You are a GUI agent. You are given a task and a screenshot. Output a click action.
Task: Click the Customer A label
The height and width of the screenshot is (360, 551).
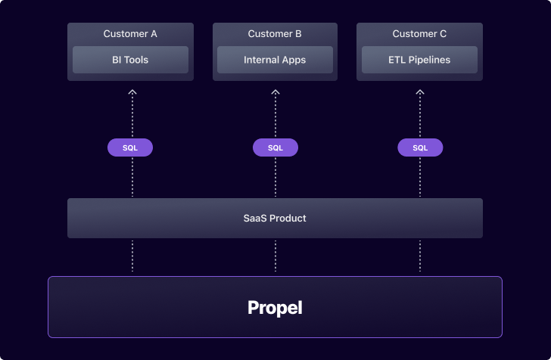click(130, 34)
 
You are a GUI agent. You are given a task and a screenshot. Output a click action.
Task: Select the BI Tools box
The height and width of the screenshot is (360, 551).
click(130, 60)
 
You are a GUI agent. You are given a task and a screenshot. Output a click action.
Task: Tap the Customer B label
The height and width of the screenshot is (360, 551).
click(275, 34)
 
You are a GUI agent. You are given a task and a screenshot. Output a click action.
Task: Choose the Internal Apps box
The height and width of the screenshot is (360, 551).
click(275, 60)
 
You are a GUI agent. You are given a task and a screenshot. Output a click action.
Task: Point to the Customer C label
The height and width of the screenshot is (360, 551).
click(419, 34)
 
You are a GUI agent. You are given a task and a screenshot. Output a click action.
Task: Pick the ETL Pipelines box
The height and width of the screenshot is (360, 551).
click(419, 60)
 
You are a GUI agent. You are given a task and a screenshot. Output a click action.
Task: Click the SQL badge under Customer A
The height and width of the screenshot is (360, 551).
click(130, 147)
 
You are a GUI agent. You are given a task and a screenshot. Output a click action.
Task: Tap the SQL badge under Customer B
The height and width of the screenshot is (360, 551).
click(275, 147)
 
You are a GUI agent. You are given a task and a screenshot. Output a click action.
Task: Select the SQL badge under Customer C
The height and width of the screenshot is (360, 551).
click(420, 147)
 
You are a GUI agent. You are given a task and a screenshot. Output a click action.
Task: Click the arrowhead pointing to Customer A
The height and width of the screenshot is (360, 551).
click(132, 92)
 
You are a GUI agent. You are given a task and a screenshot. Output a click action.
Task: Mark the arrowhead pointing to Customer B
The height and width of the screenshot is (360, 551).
click(275, 92)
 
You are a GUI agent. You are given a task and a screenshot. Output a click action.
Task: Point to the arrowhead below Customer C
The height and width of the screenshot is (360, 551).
click(420, 92)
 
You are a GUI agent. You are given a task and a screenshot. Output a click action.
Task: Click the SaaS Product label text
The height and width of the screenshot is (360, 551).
click(275, 218)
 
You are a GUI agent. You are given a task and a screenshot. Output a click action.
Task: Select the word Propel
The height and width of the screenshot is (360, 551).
click(275, 308)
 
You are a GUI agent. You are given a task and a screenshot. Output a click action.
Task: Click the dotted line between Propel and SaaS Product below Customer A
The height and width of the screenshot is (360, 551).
click(132, 256)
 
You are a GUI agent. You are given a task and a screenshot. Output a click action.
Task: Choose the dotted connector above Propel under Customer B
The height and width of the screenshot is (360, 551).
click(275, 256)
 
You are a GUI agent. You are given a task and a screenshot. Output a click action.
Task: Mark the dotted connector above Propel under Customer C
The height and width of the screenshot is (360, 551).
click(420, 256)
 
